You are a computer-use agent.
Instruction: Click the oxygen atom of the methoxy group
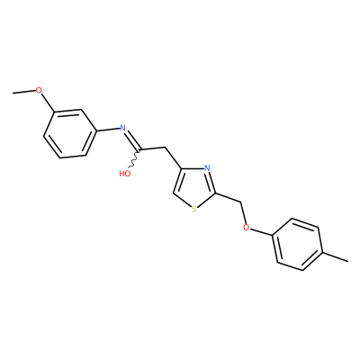pos(39,90)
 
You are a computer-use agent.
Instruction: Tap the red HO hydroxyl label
pos(125,174)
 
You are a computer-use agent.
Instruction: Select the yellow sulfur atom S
pos(193,209)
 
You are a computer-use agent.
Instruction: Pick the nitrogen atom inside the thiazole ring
pos(206,168)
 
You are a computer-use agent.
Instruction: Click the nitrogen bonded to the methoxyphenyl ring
pos(122,128)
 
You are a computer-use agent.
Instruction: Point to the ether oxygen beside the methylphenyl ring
pos(247,228)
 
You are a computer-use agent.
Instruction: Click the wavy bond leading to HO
pos(134,158)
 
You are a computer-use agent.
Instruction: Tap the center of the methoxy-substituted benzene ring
pos(70,133)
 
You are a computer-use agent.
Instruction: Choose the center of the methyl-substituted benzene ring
pos(297,244)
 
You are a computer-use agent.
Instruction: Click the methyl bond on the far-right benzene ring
pos(336,256)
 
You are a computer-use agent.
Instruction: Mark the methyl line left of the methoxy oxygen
pos(24,91)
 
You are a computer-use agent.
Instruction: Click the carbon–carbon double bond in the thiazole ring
pos(179,181)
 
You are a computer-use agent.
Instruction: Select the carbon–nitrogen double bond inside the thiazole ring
pos(211,183)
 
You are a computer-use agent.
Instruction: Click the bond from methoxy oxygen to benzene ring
pos(48,103)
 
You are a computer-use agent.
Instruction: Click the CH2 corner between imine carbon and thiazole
pos(166,148)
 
